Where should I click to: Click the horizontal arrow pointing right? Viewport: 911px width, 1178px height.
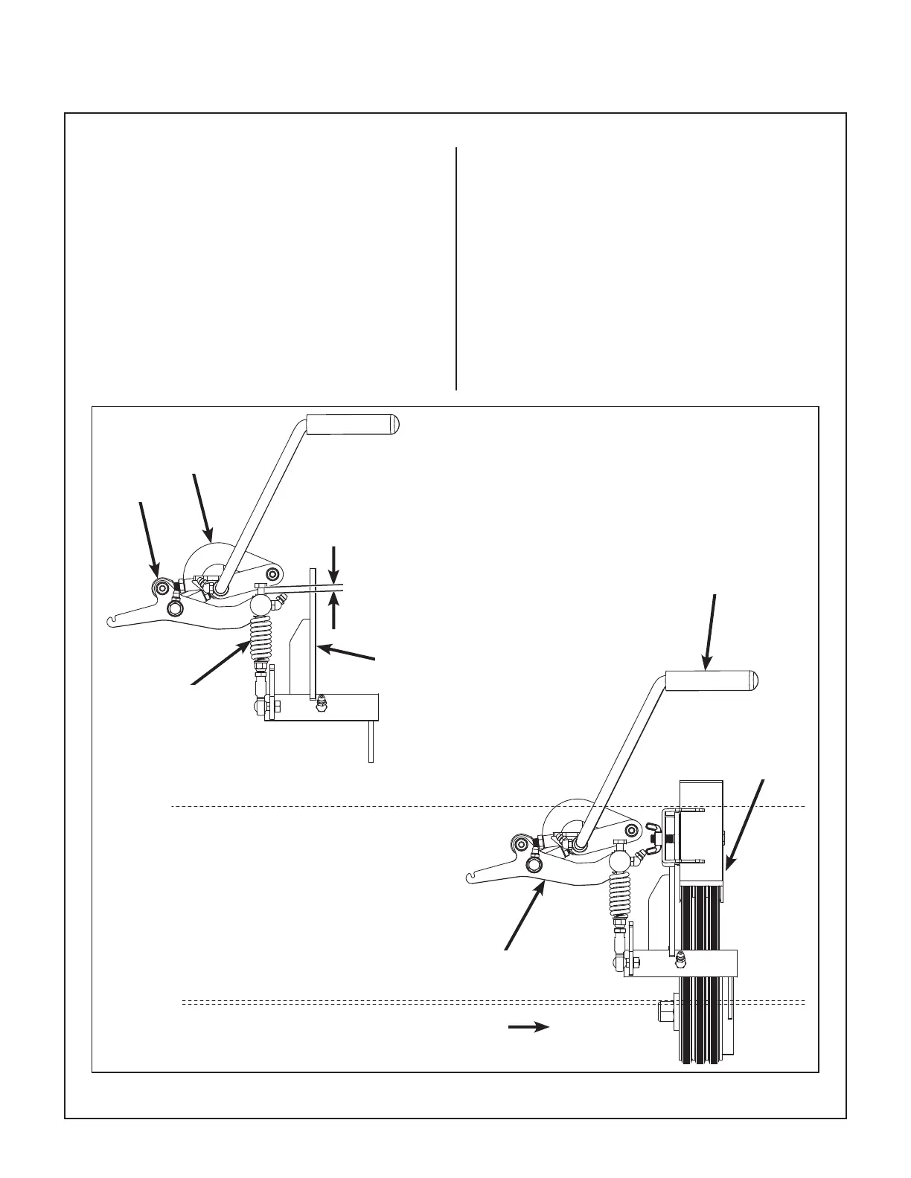point(528,1027)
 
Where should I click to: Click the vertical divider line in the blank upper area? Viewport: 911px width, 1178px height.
point(455,268)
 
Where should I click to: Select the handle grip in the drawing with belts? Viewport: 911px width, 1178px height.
point(711,680)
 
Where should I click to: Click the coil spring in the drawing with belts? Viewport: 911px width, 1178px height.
point(619,895)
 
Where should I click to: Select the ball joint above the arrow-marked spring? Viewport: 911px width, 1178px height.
point(261,605)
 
